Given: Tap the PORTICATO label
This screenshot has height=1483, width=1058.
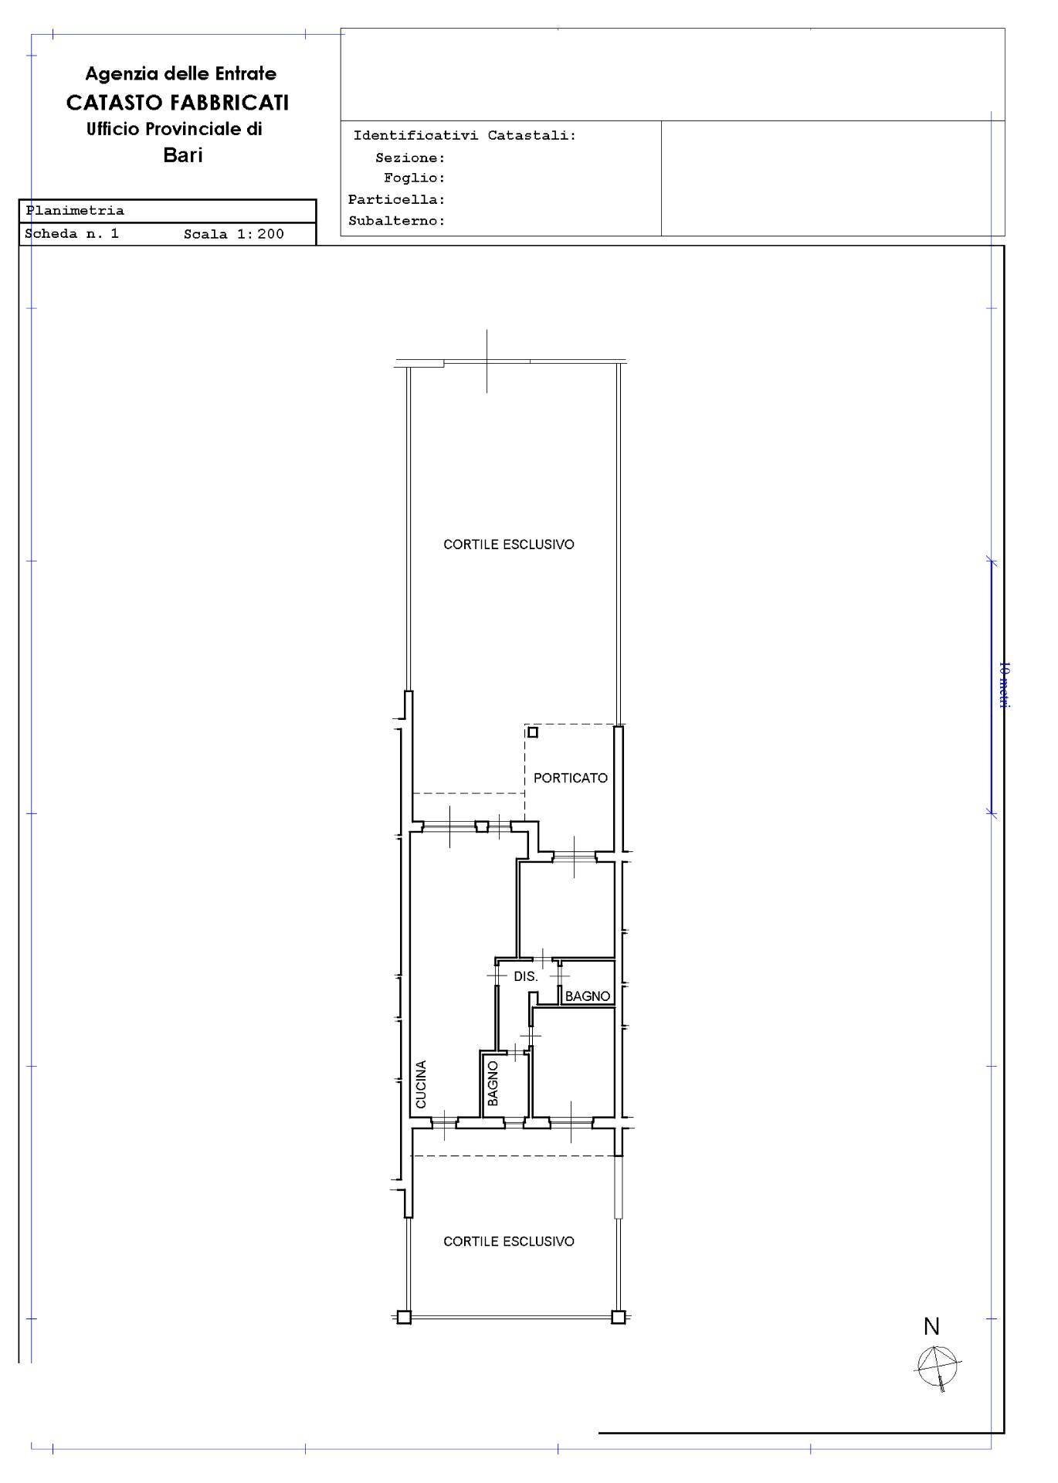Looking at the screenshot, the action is tap(571, 778).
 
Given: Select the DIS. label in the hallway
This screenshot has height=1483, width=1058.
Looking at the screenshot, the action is tap(526, 976).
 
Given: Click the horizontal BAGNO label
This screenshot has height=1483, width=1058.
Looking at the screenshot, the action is tap(588, 996).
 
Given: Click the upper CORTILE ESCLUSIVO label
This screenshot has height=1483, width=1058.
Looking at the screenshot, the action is tap(509, 545).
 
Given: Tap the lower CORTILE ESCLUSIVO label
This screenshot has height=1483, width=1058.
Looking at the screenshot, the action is tap(509, 1241).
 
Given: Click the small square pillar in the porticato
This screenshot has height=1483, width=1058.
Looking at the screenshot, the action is tap(532, 732).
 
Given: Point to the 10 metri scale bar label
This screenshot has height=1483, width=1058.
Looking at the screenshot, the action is tap(1004, 685).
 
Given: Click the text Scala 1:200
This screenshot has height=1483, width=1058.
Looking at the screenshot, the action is tap(234, 234).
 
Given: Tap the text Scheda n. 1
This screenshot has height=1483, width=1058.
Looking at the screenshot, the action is tap(72, 233).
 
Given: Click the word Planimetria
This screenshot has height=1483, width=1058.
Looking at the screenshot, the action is tap(75, 210).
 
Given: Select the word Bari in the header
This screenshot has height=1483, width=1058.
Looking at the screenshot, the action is tap(183, 154).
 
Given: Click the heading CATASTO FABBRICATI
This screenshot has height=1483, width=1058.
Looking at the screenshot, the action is tap(178, 102).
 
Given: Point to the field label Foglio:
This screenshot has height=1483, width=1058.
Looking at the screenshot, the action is tap(415, 178).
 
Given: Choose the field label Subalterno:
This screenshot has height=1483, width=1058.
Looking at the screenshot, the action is tap(397, 221).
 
